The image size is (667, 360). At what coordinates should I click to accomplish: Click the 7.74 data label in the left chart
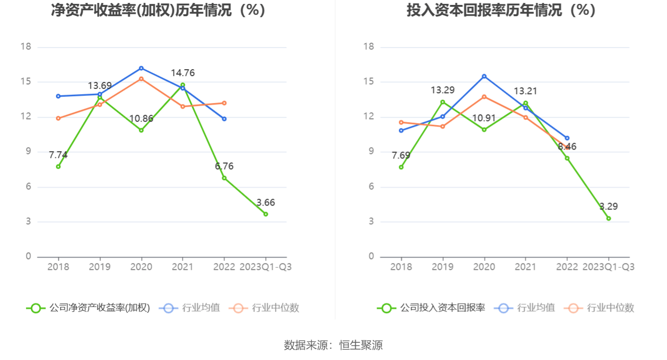point(58,155)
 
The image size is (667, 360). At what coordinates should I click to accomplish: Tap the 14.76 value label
point(182,73)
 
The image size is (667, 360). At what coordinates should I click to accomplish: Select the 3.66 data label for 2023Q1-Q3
point(265,203)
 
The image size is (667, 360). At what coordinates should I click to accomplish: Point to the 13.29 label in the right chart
point(442,90)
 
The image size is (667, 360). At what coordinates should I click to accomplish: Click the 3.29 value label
point(608,206)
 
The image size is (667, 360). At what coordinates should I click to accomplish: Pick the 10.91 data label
point(484,118)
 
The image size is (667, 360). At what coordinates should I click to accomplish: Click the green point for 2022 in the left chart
point(224,178)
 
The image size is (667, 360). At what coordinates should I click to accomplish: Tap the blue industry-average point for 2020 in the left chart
point(141,68)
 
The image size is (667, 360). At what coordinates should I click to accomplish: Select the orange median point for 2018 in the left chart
point(58,118)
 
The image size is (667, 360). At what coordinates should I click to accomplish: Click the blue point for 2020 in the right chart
point(484,76)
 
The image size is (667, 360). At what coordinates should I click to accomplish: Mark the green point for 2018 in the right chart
point(401,167)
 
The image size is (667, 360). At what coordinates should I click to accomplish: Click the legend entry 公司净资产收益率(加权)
point(88,308)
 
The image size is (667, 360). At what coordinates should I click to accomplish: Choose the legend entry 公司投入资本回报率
point(431,308)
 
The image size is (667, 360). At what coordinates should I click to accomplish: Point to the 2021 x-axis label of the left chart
point(182,267)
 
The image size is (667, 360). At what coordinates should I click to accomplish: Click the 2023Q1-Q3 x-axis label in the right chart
point(608,267)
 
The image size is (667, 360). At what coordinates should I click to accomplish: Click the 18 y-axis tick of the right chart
point(368,47)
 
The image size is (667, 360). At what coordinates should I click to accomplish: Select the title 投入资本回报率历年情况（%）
point(501,10)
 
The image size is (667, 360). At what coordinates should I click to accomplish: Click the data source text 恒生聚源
point(361,345)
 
